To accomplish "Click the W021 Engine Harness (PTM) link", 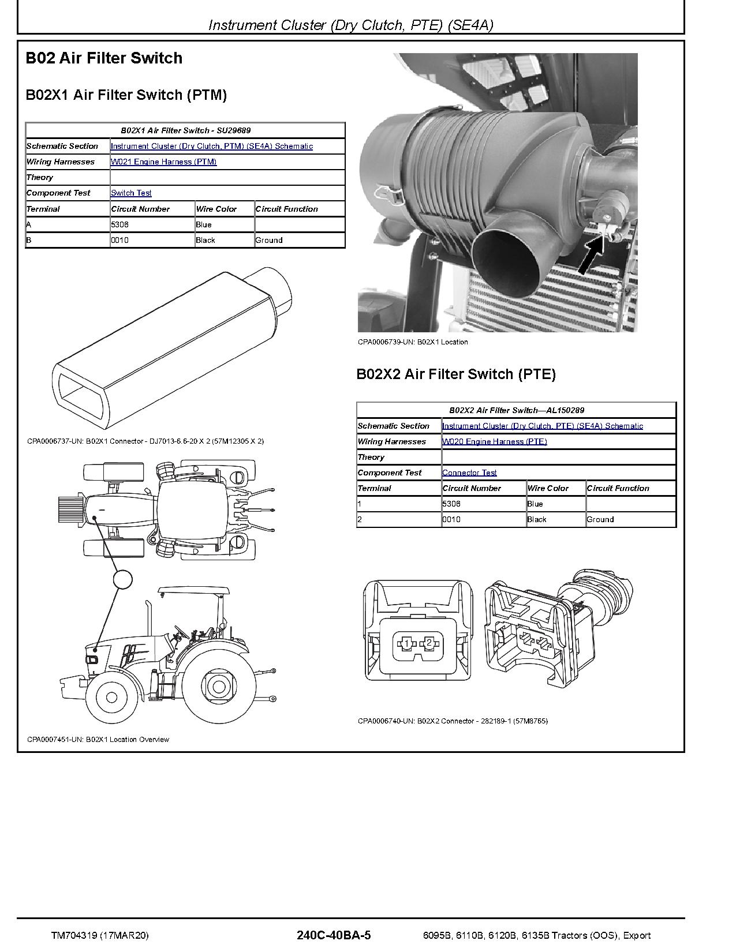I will point(163,162).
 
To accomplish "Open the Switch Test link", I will point(131,193).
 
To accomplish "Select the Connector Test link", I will point(469,473).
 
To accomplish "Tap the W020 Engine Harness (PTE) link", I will point(494,442).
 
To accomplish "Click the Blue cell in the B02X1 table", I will point(204,225).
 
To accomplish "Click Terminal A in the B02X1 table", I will point(29,225).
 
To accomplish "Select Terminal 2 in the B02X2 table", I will point(360,520).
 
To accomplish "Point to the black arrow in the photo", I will point(591,256).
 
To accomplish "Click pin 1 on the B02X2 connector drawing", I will point(406,643).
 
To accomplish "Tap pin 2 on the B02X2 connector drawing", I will point(429,643).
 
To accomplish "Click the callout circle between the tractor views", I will point(122,579).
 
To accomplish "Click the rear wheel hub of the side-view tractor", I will point(218,687).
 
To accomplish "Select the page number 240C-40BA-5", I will point(334,935).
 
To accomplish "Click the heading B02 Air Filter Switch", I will point(104,58).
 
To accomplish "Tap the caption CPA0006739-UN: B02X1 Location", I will point(413,342).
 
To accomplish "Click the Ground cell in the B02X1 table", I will point(269,241).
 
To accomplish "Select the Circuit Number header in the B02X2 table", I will point(472,489).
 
